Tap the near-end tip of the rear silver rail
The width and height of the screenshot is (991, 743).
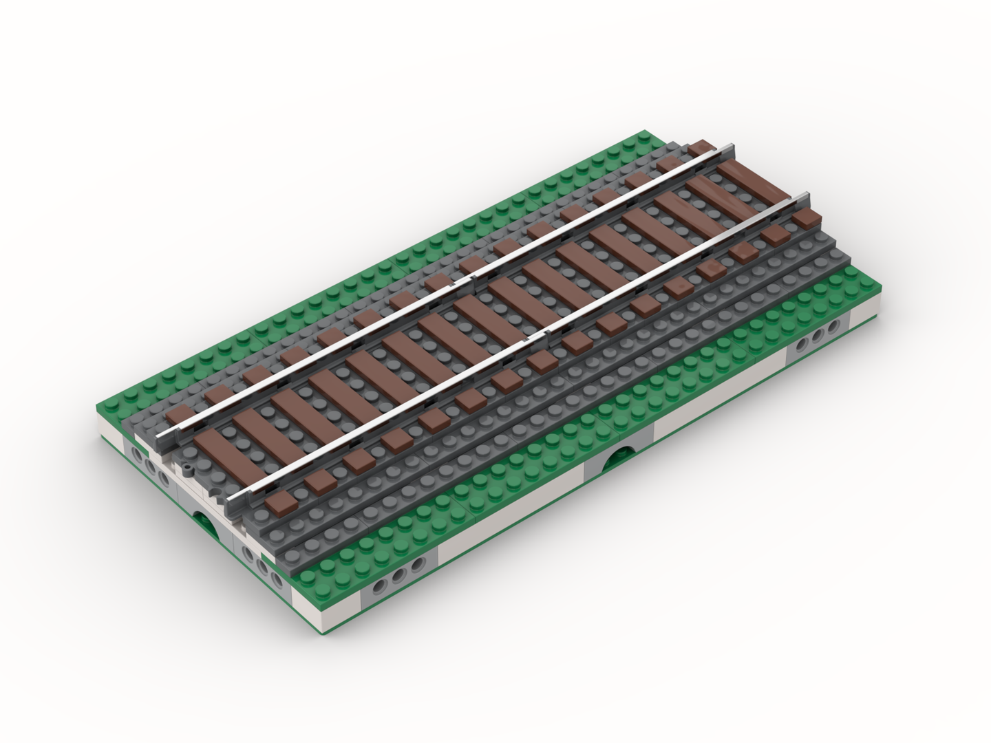(162, 436)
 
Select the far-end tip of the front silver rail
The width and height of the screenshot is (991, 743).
(802, 197)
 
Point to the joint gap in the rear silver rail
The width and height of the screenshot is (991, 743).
(473, 279)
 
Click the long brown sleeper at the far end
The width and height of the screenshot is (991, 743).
(745, 180)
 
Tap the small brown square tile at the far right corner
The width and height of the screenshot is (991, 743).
(807, 218)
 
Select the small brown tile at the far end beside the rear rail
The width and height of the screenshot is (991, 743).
(702, 146)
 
